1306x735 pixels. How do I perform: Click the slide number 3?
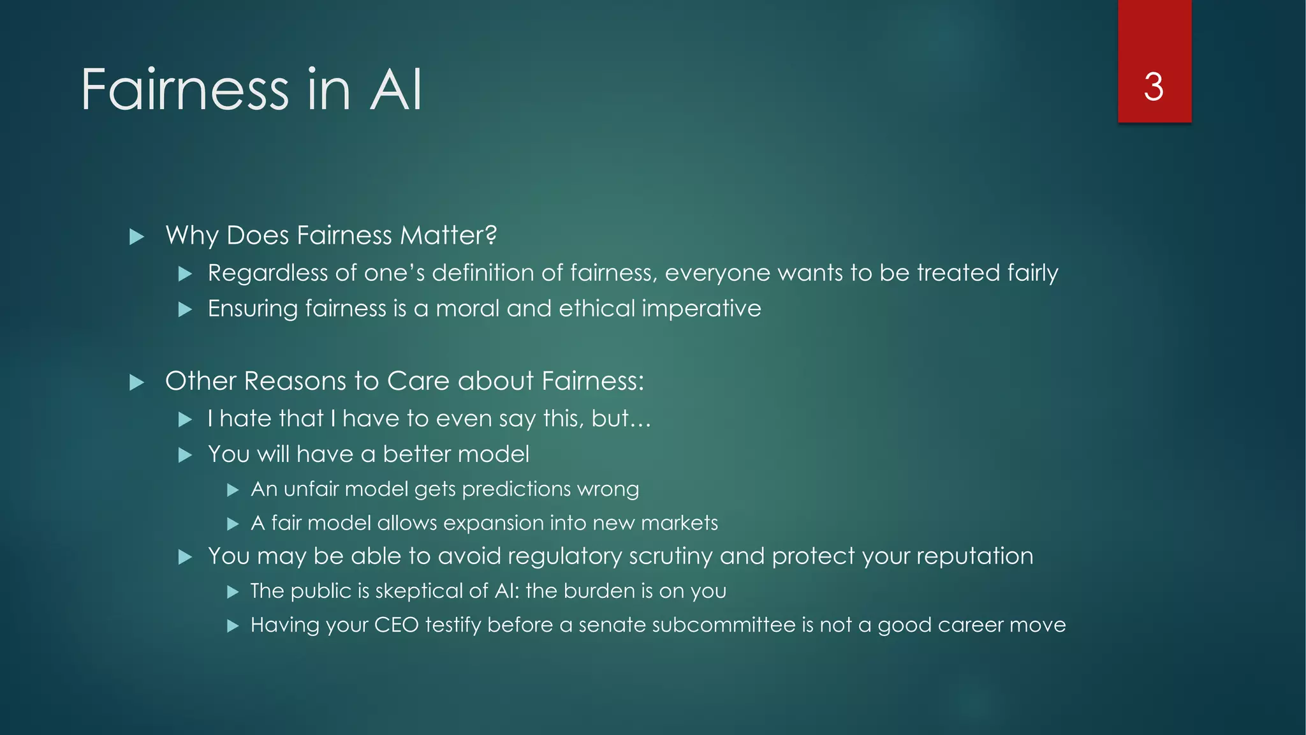(1154, 87)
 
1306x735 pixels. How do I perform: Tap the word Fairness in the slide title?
(185, 90)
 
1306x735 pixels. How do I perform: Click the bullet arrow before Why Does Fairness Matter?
(136, 237)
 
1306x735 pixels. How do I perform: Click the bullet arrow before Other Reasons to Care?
(136, 383)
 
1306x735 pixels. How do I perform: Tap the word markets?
(679, 523)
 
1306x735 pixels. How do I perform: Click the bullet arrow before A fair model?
(233, 524)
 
